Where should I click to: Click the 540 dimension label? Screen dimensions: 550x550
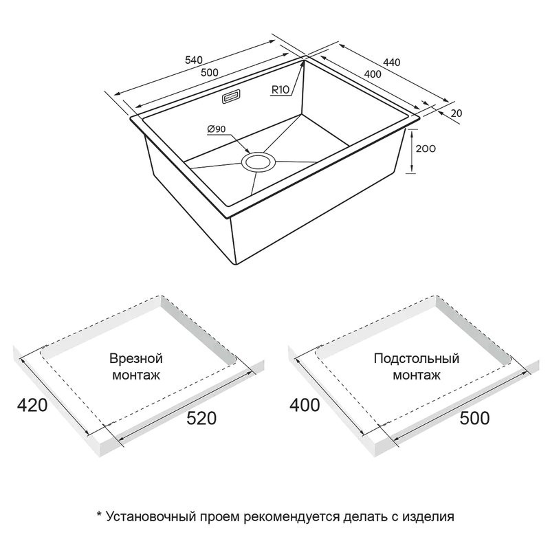click(x=194, y=60)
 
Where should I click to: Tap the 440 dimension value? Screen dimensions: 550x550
click(x=391, y=62)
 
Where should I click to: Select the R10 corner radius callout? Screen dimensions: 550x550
click(x=280, y=90)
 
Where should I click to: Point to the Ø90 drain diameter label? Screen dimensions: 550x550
click(x=217, y=129)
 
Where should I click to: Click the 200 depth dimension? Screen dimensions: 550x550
click(x=426, y=148)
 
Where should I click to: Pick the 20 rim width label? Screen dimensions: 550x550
click(x=456, y=113)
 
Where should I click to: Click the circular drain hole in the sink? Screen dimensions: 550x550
click(x=259, y=162)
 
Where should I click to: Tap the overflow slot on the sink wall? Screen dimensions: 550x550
click(x=230, y=97)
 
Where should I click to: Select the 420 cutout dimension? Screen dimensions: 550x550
click(x=32, y=406)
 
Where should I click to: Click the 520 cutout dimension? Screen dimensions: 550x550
click(x=201, y=418)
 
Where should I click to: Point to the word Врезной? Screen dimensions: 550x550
click(x=136, y=359)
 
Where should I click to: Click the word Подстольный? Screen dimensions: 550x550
click(x=417, y=358)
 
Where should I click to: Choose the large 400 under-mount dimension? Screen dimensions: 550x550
click(x=305, y=406)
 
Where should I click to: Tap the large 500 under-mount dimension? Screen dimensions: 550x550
click(x=474, y=418)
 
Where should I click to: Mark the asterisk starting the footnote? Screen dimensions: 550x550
click(x=99, y=514)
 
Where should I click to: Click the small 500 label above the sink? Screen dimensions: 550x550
click(x=210, y=73)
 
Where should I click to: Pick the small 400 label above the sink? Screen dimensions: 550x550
click(x=373, y=74)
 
